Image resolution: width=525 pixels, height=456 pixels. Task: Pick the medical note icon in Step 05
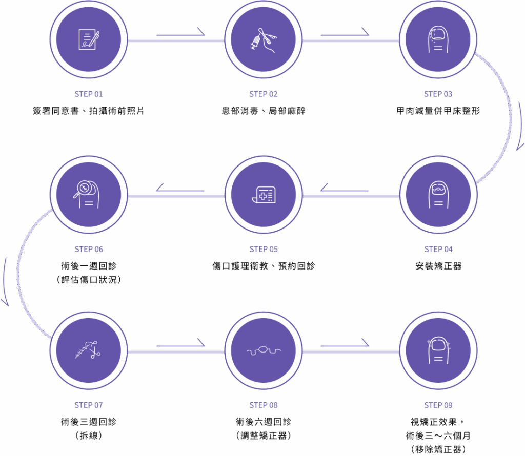tap(264, 195)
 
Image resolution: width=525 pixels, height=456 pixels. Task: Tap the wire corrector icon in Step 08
tap(264, 351)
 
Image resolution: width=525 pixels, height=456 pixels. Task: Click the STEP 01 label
tap(89, 94)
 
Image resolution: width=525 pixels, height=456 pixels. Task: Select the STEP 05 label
tap(264, 250)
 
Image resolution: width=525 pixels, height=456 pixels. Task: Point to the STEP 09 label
tap(438, 405)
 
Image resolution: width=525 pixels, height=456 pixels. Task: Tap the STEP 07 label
tap(89, 405)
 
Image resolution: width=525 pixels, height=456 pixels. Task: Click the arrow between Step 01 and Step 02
tap(180, 34)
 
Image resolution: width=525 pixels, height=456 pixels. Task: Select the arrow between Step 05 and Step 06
tap(180, 190)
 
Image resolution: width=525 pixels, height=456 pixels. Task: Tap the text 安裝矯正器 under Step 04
tap(438, 266)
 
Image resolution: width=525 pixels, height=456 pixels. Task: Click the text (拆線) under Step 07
tap(89, 436)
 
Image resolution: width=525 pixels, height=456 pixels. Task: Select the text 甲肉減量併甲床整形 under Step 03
tap(438, 111)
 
